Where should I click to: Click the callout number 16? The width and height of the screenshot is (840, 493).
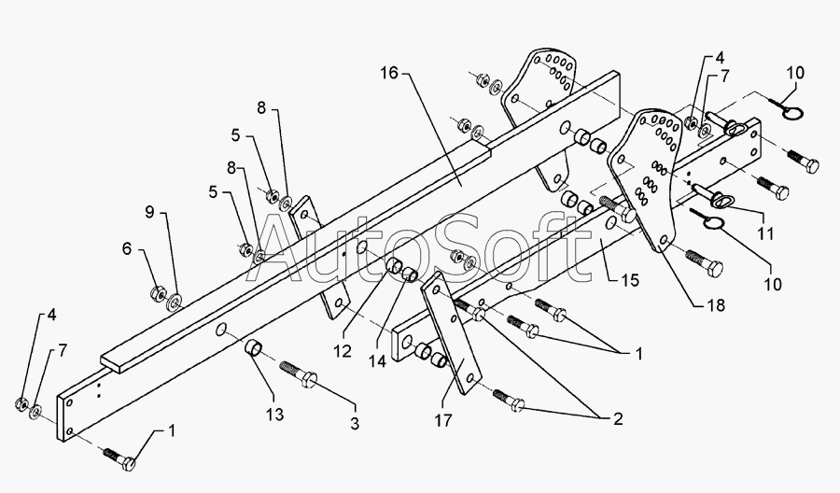tap(389, 73)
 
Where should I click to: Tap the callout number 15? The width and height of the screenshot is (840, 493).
tap(631, 280)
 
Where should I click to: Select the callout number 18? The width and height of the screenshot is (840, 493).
tap(716, 305)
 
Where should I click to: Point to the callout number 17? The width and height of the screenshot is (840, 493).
tap(443, 420)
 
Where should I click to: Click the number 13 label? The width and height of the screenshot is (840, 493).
tap(274, 415)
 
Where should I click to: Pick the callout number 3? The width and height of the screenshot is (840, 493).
tap(355, 423)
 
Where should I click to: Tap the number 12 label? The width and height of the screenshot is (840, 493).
tap(343, 351)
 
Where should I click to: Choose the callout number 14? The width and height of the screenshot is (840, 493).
tap(377, 361)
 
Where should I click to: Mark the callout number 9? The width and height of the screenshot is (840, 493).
tap(149, 212)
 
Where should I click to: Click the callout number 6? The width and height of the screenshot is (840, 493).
tap(127, 248)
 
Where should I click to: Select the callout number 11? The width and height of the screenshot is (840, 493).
tap(765, 233)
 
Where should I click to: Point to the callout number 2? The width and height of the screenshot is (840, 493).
tap(618, 419)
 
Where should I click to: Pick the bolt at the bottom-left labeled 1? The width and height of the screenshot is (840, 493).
tap(119, 458)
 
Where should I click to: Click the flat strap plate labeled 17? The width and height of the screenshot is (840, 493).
tap(449, 332)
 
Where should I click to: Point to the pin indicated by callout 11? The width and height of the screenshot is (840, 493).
tap(707, 195)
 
